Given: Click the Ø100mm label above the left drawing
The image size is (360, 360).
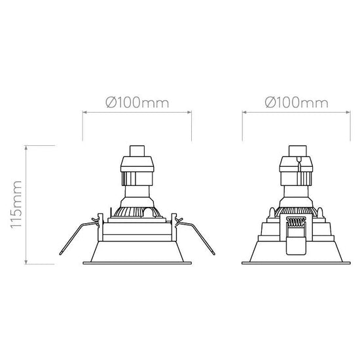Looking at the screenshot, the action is (x=137, y=103).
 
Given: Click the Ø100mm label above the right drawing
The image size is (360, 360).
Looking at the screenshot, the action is (x=297, y=103).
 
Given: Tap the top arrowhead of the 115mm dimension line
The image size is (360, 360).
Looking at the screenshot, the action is (x=26, y=147).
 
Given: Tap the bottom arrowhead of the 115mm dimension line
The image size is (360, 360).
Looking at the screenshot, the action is (x=26, y=262).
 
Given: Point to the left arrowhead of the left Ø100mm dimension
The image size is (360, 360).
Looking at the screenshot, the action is (x=84, y=113).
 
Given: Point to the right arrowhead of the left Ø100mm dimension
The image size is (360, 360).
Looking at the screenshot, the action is (x=189, y=113).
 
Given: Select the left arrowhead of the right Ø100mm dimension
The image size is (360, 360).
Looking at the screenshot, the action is (x=245, y=113).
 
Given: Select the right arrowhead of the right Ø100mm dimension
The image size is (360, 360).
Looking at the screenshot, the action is (x=348, y=113).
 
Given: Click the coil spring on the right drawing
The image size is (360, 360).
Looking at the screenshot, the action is (x=297, y=223).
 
